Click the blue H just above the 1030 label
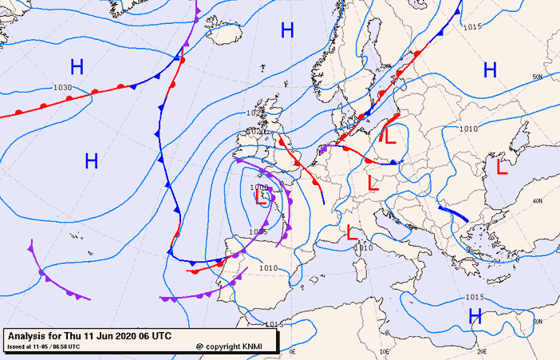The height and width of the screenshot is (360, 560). tap(77, 67)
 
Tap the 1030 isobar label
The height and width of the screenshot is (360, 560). tap(62, 88)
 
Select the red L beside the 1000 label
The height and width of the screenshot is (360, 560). tap(261, 197)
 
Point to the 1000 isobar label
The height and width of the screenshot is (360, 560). tap(259, 187)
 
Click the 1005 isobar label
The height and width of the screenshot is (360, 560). tap(258, 231)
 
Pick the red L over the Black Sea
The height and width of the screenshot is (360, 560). tap(502, 167)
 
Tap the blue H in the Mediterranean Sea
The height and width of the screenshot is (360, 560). tap(475, 317)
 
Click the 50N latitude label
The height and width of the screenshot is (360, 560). tap(538, 77)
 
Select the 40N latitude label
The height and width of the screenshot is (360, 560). tap(538, 200)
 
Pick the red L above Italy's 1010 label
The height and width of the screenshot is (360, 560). tap(353, 233)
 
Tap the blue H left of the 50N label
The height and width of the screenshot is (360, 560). tap(490, 70)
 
